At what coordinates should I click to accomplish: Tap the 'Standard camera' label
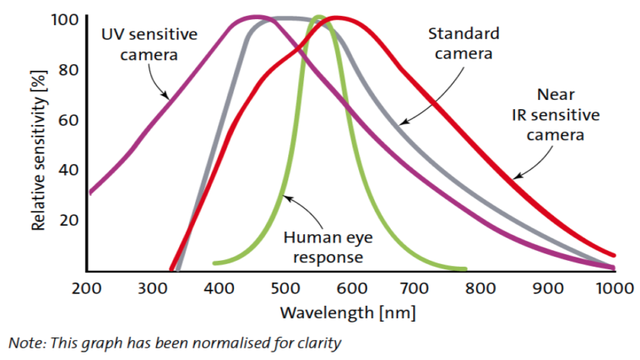pyautogui.click(x=463, y=43)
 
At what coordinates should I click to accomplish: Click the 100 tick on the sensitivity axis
pyautogui.click(x=66, y=19)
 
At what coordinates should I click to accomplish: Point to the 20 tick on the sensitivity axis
pyautogui.click(x=69, y=220)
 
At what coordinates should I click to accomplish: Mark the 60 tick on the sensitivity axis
pyautogui.click(x=69, y=119)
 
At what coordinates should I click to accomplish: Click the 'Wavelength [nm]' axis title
pyautogui.click(x=347, y=313)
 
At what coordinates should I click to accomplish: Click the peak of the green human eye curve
pyautogui.click(x=318, y=17)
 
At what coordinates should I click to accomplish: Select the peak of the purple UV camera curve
pyautogui.click(x=256, y=17)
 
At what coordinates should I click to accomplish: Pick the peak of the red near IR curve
pyautogui.click(x=336, y=17)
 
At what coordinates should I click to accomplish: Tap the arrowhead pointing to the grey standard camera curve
pyautogui.click(x=401, y=124)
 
